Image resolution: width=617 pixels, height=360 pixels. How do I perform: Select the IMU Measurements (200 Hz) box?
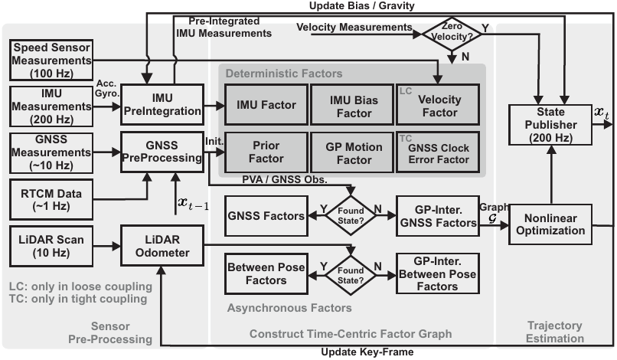[x=51, y=105]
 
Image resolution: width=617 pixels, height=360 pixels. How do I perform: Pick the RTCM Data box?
[x=51, y=197]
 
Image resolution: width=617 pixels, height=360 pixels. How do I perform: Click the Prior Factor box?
[x=263, y=152]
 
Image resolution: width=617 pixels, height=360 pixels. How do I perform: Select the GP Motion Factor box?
[x=351, y=152]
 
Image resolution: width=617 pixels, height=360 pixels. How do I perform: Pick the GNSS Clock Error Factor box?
[x=438, y=152]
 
